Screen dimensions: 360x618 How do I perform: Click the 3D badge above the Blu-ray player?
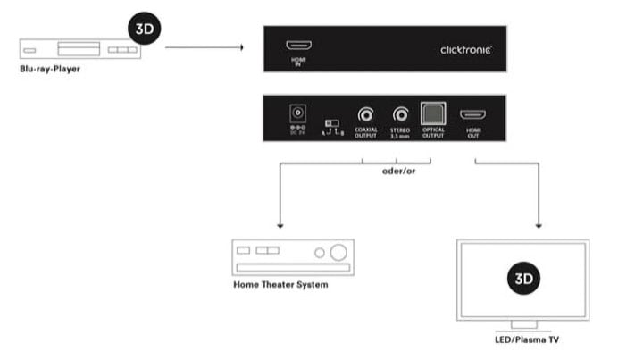(x=143, y=27)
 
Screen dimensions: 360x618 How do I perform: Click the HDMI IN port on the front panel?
(x=296, y=46)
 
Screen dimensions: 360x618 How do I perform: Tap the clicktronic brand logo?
(x=465, y=50)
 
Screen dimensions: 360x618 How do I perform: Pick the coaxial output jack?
(x=366, y=114)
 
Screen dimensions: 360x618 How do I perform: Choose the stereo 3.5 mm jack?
(x=400, y=114)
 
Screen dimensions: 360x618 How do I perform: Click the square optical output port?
(x=433, y=114)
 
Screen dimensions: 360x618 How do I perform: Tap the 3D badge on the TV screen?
(x=522, y=280)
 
